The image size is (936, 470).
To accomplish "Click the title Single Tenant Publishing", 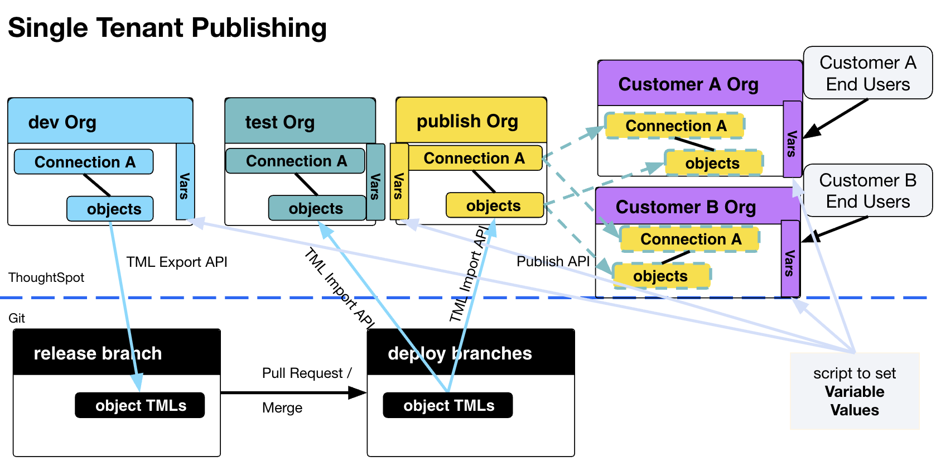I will (167, 28).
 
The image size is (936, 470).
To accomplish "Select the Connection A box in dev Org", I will (84, 162).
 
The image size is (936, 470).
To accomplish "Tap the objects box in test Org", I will (316, 208).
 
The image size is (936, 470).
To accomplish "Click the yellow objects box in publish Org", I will (494, 205).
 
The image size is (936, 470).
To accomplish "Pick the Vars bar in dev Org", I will (185, 181).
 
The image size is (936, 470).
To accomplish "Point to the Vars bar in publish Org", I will (399, 181).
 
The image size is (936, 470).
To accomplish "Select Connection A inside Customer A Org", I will (675, 126).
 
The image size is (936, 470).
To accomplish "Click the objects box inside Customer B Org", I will (661, 276).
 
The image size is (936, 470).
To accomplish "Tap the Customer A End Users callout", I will (867, 73).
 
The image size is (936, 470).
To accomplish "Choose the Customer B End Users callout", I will (867, 190).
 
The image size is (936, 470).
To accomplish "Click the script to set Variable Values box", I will (854, 391).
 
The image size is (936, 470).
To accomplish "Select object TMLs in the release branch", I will (140, 405).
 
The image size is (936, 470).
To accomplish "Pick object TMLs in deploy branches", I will (448, 405).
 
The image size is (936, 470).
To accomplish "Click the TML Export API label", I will (177, 262).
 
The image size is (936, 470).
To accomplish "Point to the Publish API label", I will (553, 261).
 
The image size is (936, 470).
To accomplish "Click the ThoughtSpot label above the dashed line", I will (46, 277).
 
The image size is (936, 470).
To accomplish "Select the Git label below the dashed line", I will (17, 318).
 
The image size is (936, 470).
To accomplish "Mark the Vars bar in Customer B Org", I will (790, 258).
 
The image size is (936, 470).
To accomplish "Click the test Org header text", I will (280, 122).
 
